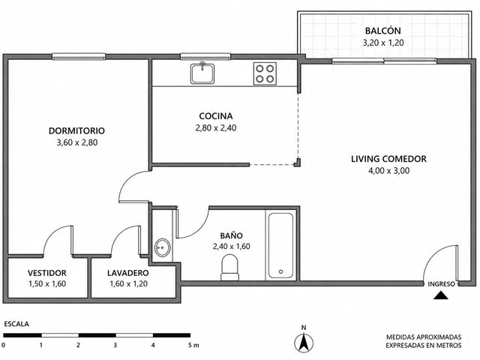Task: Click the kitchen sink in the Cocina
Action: click(x=202, y=73)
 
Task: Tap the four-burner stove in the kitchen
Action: click(x=265, y=73)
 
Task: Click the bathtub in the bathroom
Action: click(x=280, y=245)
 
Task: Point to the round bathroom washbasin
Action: click(x=163, y=247)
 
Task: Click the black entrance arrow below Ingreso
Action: click(x=441, y=295)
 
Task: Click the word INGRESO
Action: click(x=441, y=284)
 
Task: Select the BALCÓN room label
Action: click(x=383, y=31)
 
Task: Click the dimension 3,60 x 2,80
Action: click(x=77, y=142)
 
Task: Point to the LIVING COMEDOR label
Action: click(x=388, y=159)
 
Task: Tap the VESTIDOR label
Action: click(x=46, y=273)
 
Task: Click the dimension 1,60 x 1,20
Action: click(x=128, y=283)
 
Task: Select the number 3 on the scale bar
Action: click(x=115, y=345)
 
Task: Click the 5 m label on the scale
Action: click(x=193, y=345)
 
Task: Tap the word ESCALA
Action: click(x=16, y=324)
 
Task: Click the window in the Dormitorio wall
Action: click(x=79, y=56)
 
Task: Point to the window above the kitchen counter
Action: click(x=205, y=56)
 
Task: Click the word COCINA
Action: click(x=216, y=116)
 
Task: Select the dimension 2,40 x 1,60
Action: click(x=232, y=246)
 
